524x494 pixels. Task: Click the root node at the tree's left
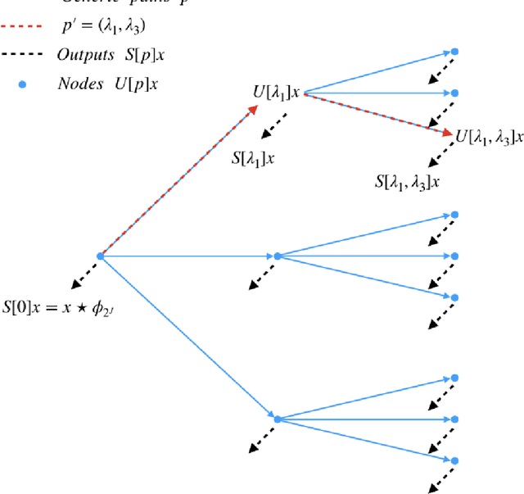point(100,256)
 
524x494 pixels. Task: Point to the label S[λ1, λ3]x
point(407,182)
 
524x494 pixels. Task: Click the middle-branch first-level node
point(278,256)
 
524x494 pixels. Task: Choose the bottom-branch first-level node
point(278,419)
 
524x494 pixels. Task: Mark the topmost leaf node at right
point(455,52)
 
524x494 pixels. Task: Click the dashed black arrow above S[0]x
point(85,274)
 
